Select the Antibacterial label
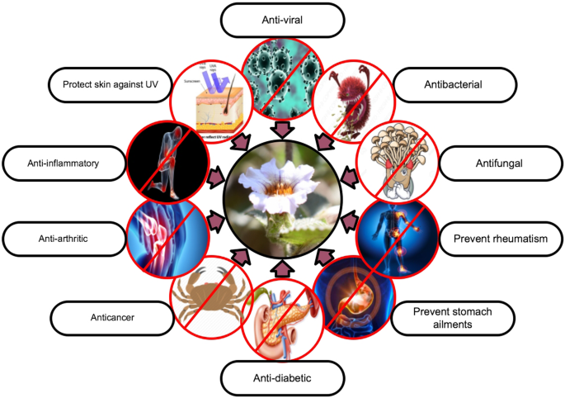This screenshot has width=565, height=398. pos(456,84)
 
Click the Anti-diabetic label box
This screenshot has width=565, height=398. pos(282,380)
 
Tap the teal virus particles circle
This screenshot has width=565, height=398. pos(282,79)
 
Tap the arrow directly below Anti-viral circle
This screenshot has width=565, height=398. pos(282,130)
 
